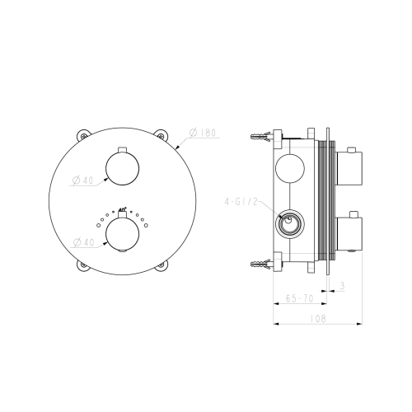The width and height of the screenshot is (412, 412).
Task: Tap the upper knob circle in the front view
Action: point(122,167)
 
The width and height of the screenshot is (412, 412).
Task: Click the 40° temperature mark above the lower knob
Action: point(123,209)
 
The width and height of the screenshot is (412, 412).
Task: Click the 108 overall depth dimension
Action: point(317,318)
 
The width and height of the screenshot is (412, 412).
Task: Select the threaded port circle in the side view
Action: point(288,224)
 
